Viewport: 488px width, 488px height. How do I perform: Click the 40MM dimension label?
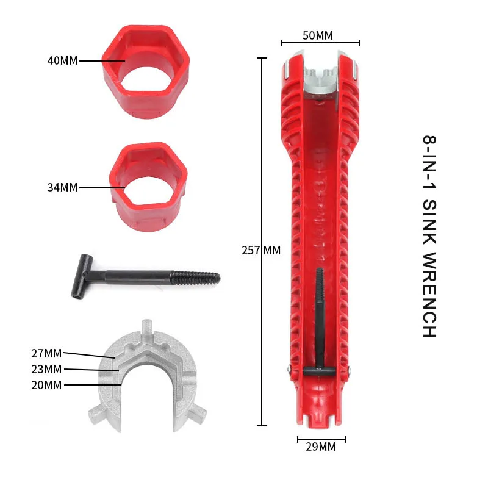[63, 60]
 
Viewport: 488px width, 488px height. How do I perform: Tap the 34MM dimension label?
[63, 187]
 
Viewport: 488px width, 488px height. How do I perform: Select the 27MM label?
[46, 353]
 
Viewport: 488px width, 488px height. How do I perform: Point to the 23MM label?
[46, 369]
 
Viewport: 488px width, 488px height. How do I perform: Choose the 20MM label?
[46, 385]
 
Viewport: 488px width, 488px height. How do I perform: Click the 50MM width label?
[318, 35]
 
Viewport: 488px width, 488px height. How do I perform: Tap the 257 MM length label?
[261, 250]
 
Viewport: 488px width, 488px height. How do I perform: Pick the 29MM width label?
[321, 447]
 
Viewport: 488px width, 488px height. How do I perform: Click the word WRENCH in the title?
[430, 295]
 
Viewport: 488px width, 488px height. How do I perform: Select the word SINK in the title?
[430, 221]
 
